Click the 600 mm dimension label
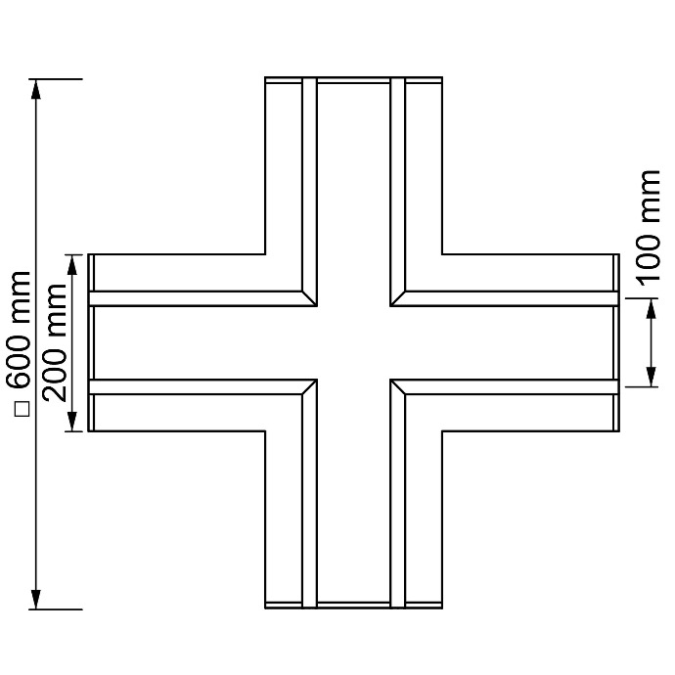pos(22,330)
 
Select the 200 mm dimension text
pos(56,342)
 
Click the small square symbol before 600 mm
pos(22,409)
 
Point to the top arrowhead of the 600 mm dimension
pos(36,90)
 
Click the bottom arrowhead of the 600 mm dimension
pos(36,599)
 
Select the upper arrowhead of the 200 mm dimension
pos(72,265)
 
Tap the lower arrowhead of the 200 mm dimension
pos(72,421)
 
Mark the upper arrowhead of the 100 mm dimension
pos(652,309)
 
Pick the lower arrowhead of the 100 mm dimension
pos(652,377)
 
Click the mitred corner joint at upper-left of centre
pos(309,298)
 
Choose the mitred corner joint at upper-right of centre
pos(398,298)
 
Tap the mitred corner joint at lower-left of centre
pos(309,387)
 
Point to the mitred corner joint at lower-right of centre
pos(398,387)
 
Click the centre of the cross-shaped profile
pos(354,343)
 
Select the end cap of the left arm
pos(91,342)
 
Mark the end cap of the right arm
pos(616,342)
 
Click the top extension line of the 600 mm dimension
pos(56,79)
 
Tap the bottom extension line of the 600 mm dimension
pos(56,609)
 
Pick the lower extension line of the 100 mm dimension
pos(642,387)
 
